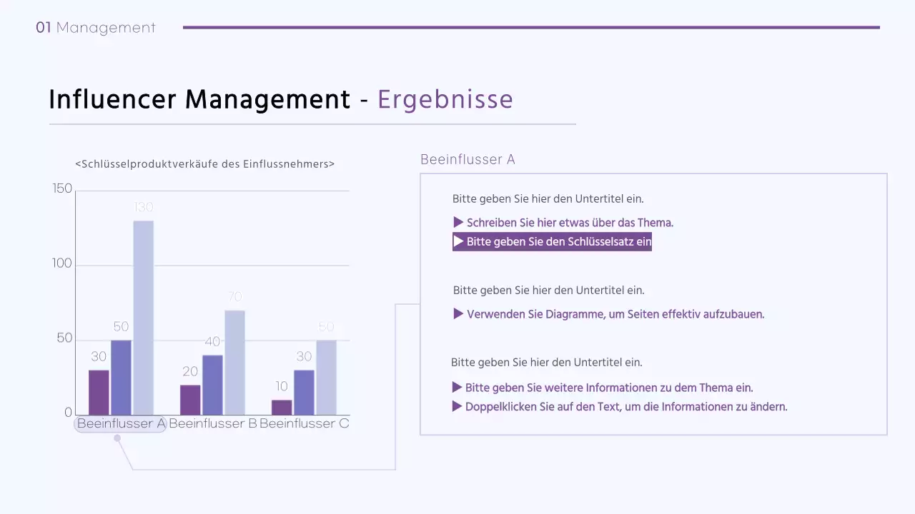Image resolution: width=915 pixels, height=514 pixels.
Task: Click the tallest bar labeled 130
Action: click(143, 318)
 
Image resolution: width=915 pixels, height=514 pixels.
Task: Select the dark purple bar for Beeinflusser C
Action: click(282, 407)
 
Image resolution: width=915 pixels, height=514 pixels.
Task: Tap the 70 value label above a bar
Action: click(234, 296)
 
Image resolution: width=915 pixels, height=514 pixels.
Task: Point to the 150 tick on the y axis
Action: click(63, 188)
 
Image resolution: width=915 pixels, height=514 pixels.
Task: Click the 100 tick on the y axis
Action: click(63, 263)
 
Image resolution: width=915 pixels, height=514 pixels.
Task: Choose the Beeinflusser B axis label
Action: click(212, 423)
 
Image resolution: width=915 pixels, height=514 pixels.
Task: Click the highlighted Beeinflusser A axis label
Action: click(121, 423)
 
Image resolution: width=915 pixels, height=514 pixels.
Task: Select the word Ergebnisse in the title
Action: click(445, 99)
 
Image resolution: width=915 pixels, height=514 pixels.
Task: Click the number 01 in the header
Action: click(44, 28)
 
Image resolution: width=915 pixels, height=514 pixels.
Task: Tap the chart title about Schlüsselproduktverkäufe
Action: click(204, 163)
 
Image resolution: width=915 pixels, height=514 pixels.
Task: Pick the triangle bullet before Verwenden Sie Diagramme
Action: click(458, 313)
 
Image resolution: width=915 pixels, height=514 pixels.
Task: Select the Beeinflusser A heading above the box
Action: click(468, 159)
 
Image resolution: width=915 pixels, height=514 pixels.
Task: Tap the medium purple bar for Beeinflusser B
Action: click(212, 385)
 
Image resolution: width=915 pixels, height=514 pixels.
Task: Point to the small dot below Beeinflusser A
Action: click(117, 438)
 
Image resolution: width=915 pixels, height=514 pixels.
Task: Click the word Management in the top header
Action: click(106, 28)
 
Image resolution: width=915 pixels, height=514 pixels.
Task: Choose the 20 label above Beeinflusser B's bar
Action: click(190, 371)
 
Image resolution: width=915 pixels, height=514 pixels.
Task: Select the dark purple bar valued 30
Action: click(99, 392)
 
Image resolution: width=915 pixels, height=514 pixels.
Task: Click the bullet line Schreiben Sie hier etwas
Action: click(570, 223)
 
